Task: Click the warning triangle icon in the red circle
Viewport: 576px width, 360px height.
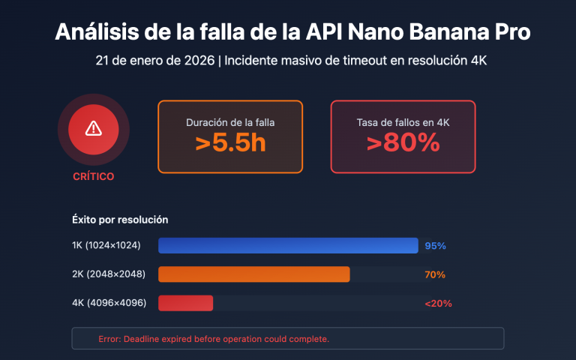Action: coord(93,129)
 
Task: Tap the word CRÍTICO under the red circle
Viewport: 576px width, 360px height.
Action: coord(93,177)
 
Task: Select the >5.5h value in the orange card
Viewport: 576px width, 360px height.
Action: coord(230,143)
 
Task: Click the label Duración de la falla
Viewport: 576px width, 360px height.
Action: coord(230,121)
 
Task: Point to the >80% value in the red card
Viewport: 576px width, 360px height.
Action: coord(403,143)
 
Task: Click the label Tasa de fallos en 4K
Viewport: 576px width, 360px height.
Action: coord(403,121)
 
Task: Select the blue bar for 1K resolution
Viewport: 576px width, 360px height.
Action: coord(288,245)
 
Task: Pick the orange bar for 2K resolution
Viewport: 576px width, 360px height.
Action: coord(254,274)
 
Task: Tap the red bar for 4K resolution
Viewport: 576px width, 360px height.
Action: coord(186,303)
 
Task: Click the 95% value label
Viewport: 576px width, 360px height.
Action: coord(435,246)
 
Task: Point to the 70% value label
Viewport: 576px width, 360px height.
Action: coord(435,274)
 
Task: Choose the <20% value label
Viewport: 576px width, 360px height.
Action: coord(438,304)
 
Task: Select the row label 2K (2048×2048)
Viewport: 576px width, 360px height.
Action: coord(109,274)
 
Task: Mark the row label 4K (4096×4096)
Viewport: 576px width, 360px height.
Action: coord(109,304)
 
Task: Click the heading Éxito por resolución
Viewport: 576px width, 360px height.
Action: coord(120,220)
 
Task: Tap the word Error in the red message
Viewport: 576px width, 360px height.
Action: coord(109,339)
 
